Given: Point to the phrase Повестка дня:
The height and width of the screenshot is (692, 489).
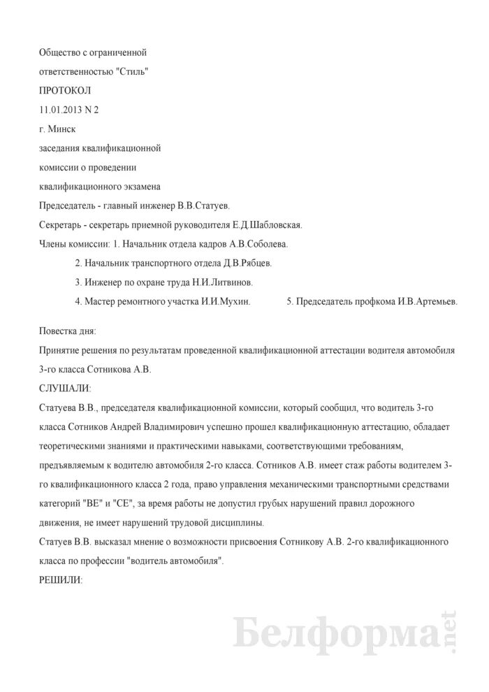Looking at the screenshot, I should (68, 329).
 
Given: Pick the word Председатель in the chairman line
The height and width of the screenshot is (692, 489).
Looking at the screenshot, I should (69, 206).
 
